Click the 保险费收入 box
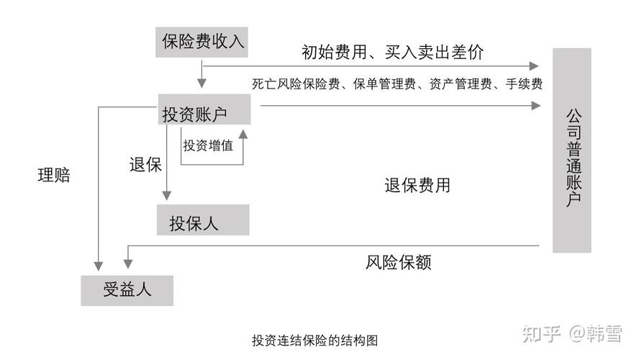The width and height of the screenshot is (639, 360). (x=203, y=41)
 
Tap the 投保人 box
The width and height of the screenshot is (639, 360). (x=203, y=220)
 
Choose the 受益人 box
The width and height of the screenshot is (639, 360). (x=127, y=290)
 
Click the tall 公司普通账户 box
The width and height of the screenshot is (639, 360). (x=572, y=150)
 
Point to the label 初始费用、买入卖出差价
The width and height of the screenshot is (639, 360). (x=392, y=52)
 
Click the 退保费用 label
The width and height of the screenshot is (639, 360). (x=417, y=185)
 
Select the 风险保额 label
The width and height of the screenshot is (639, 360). (x=398, y=261)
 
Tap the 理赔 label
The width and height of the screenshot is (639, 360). (x=54, y=175)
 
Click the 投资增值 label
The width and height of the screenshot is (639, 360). (x=208, y=145)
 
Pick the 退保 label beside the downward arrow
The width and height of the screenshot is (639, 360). (x=145, y=164)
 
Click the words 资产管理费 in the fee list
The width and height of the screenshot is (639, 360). (x=458, y=84)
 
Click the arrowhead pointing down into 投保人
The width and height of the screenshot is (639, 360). (x=167, y=195)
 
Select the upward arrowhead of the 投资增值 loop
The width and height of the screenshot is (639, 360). (x=243, y=134)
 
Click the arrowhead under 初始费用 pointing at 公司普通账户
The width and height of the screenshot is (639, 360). (x=535, y=66)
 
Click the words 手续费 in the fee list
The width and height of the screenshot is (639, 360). (x=524, y=84)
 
